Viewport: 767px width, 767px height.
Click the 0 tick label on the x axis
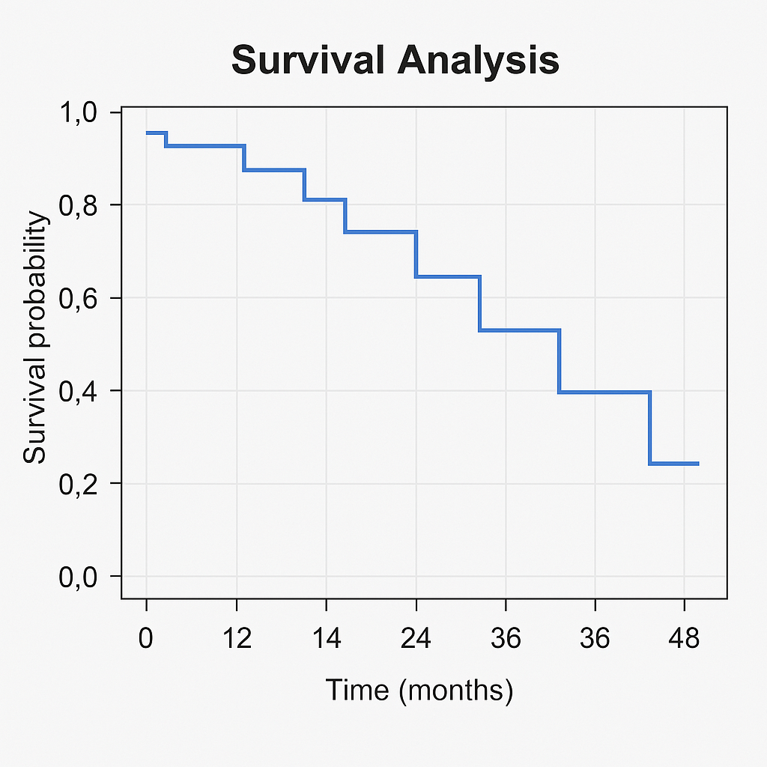(146, 639)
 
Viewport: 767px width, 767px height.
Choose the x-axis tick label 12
(237, 639)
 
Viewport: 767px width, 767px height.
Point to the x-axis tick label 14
(326, 639)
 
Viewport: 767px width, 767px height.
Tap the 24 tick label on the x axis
(416, 639)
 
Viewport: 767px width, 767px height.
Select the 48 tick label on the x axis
(683, 639)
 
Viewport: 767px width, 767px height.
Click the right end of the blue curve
(698, 464)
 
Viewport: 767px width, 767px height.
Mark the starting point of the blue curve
(147, 133)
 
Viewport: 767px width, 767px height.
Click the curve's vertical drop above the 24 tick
(416, 255)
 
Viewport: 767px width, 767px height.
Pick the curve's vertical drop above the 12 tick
(245, 158)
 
